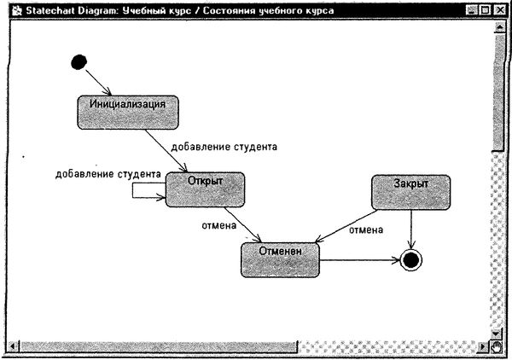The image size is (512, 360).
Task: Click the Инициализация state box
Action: pyautogui.click(x=128, y=111)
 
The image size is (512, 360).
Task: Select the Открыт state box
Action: pyautogui.click(x=205, y=189)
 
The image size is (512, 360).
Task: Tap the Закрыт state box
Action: pyautogui.click(x=410, y=192)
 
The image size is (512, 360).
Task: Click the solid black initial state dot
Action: pyautogui.click(x=79, y=61)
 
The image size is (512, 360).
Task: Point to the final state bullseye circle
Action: pyautogui.click(x=411, y=260)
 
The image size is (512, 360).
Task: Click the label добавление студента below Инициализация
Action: pyautogui.click(x=224, y=147)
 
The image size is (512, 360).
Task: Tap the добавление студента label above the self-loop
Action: pyautogui.click(x=108, y=174)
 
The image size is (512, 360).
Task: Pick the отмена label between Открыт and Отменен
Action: pyautogui.click(x=218, y=226)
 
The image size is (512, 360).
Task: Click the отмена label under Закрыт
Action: pyautogui.click(x=366, y=229)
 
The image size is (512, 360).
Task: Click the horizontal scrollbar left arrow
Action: pyautogui.click(x=12, y=346)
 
